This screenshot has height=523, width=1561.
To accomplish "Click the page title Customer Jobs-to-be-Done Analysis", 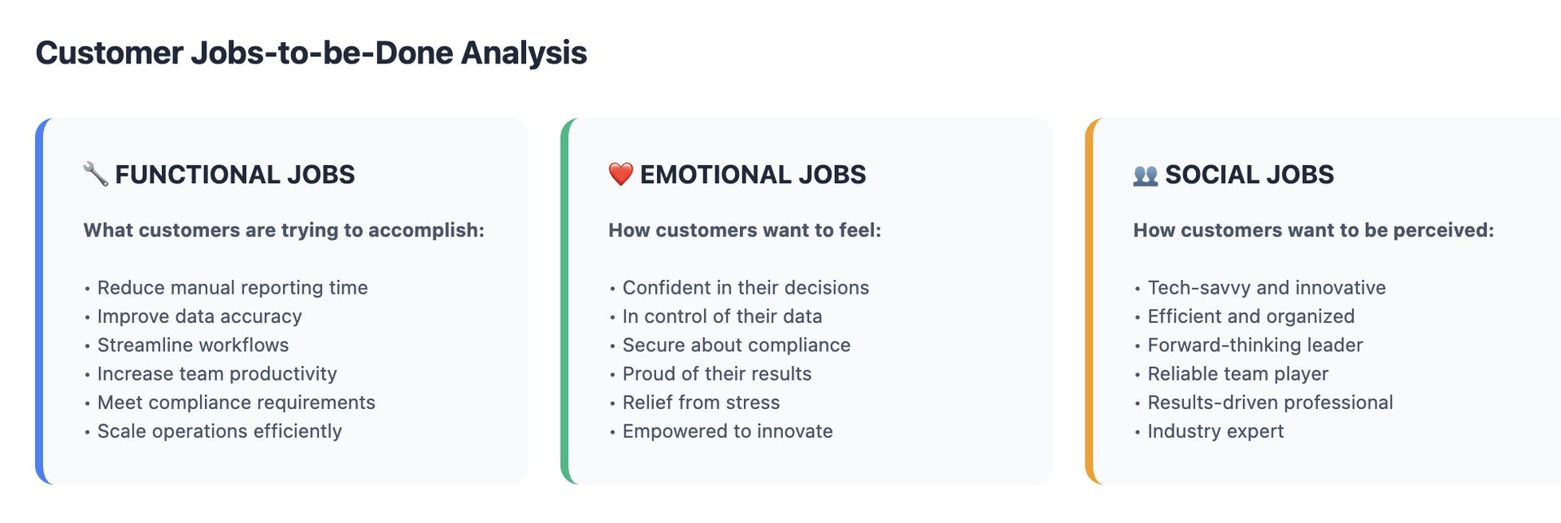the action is (311, 53).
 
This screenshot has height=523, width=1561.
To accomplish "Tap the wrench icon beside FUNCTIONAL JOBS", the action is (96, 174).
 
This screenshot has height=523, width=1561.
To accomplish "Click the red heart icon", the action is (620, 174).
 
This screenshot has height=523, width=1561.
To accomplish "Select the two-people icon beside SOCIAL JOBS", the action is (1146, 175).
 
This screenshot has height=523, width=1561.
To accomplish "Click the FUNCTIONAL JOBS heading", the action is (235, 174).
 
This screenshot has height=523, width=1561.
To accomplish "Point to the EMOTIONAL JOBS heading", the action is (753, 174).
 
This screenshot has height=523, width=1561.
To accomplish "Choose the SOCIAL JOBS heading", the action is (1250, 174).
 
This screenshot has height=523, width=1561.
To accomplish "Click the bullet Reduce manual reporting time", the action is (233, 288).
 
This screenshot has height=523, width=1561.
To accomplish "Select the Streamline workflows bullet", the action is (193, 345).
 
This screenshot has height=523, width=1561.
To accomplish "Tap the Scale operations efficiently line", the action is (220, 431).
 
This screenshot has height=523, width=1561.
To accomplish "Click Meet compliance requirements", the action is (237, 403).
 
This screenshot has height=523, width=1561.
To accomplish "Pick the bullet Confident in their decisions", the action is (746, 288).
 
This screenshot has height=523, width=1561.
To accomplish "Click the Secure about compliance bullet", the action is (737, 345).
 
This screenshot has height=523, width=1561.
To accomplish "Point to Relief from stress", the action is (701, 403).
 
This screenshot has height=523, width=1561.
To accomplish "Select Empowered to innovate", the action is (728, 431).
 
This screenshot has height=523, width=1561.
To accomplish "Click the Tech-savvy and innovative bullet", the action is (1267, 288).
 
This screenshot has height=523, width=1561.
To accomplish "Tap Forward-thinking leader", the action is (1255, 345).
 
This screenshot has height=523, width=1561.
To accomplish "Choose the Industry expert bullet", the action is (1215, 431).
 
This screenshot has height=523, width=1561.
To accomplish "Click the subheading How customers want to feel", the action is (745, 230).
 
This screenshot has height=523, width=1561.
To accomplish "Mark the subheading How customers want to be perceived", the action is (1314, 230).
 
